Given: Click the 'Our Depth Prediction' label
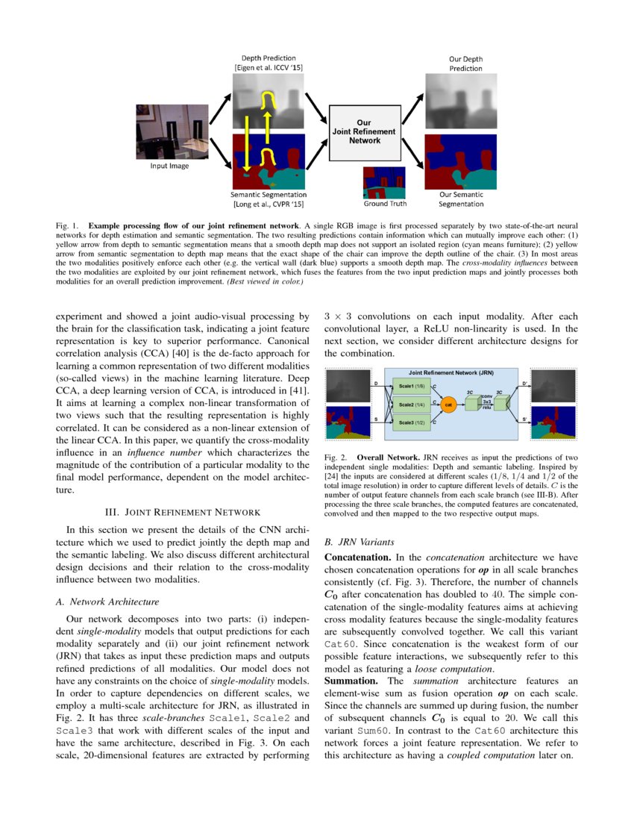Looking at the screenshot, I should pyautogui.click(x=465, y=63).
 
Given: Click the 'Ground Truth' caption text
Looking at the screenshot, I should pyautogui.click(x=384, y=203).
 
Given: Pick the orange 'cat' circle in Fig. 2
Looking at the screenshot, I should pyautogui.click(x=448, y=404).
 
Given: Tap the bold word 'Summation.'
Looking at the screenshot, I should pyautogui.click(x=354, y=681).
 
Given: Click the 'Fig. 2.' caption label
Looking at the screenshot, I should pyautogui.click(x=337, y=456).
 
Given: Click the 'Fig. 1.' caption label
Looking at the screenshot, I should pyautogui.click(x=68, y=224).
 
